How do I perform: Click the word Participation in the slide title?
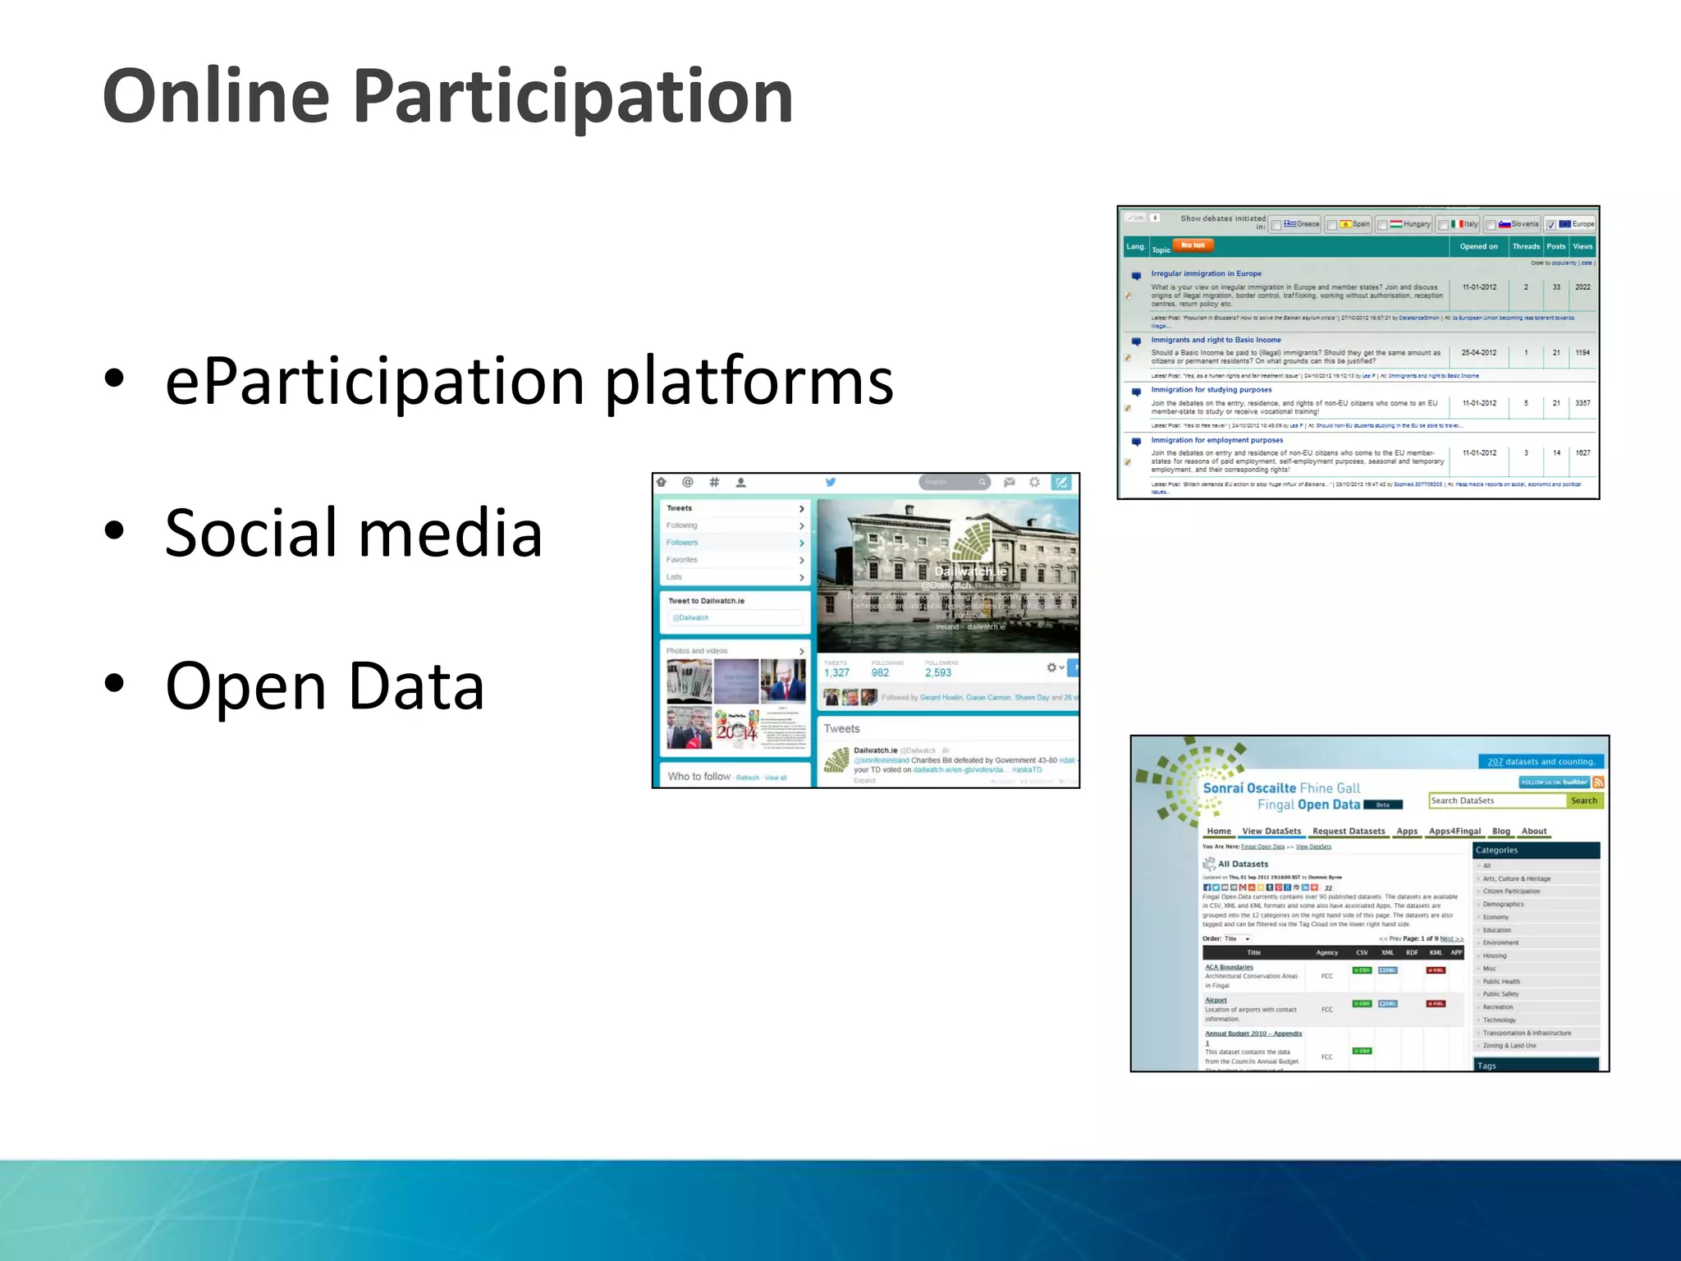(572, 97)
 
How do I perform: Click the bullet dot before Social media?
(114, 531)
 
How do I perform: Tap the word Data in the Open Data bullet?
(416, 686)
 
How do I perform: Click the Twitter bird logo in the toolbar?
(831, 482)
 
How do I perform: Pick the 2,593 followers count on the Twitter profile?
(938, 672)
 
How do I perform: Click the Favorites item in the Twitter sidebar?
(682, 560)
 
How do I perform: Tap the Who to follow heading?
(699, 776)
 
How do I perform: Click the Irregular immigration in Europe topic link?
(1206, 273)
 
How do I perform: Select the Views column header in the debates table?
(1583, 246)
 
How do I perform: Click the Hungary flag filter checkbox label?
(1409, 224)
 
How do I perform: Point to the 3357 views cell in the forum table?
(1583, 403)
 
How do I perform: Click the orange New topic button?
(1193, 245)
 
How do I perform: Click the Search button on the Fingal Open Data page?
(1583, 800)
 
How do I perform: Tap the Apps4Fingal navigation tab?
(1454, 831)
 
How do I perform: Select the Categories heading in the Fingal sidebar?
(1496, 850)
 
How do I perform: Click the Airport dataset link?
(1216, 1000)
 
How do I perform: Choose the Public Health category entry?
(1501, 981)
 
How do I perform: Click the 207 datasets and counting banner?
(1541, 761)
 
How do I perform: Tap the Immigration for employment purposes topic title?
(1216, 440)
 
